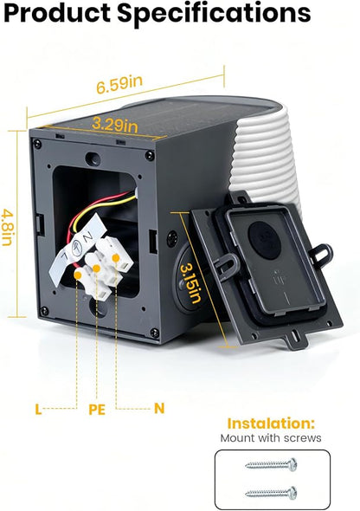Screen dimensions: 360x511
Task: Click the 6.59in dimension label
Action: [119, 84]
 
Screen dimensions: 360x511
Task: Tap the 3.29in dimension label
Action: [115, 125]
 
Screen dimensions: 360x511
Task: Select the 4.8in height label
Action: [7, 228]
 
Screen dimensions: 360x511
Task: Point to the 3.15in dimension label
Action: [190, 283]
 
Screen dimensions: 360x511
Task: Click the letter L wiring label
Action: [38, 410]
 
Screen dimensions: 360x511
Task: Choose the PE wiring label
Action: [97, 410]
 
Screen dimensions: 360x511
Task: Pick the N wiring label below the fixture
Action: [159, 408]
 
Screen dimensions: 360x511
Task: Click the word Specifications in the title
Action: [214, 14]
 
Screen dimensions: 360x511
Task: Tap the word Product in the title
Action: [57, 13]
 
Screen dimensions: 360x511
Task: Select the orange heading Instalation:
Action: [271, 424]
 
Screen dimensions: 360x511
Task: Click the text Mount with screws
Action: [271, 437]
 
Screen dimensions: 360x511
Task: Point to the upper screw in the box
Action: [271, 464]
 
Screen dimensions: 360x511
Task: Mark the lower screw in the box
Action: [271, 493]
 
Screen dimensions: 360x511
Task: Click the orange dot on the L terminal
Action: [78, 275]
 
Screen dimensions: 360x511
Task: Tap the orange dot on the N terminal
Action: [116, 258]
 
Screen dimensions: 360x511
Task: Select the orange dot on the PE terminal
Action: [96, 268]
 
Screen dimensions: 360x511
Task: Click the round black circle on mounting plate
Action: [264, 240]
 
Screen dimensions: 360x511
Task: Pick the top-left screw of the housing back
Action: [38, 144]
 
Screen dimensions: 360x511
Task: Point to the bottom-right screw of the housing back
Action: [155, 333]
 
